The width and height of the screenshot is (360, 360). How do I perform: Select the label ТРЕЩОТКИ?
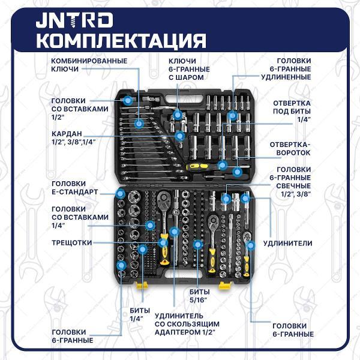point(72,242)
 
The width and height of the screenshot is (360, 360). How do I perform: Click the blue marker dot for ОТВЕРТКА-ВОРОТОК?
point(238,172)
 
